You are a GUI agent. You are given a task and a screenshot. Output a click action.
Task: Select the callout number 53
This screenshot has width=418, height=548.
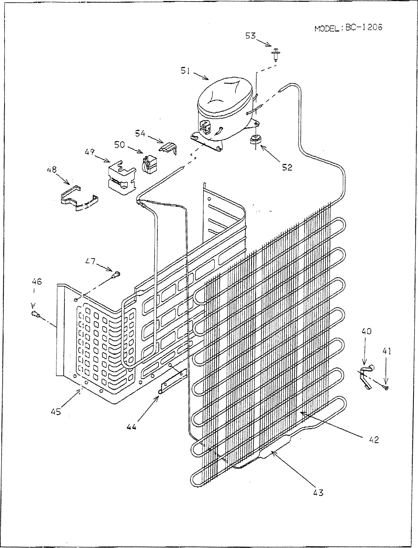[x=250, y=36]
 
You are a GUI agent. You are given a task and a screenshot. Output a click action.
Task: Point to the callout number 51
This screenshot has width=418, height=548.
[x=185, y=71]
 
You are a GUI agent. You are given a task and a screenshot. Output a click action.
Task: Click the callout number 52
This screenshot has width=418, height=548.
[x=287, y=167]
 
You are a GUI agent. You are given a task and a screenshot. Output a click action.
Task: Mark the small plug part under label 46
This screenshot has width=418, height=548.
[x=35, y=314]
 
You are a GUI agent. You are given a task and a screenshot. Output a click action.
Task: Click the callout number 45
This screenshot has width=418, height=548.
[x=56, y=412]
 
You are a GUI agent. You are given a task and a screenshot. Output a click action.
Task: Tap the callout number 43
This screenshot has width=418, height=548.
[x=318, y=492]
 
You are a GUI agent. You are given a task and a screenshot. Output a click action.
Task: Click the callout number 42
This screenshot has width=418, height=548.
[x=374, y=441]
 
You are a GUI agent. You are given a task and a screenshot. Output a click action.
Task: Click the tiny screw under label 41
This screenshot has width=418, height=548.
[x=386, y=387]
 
